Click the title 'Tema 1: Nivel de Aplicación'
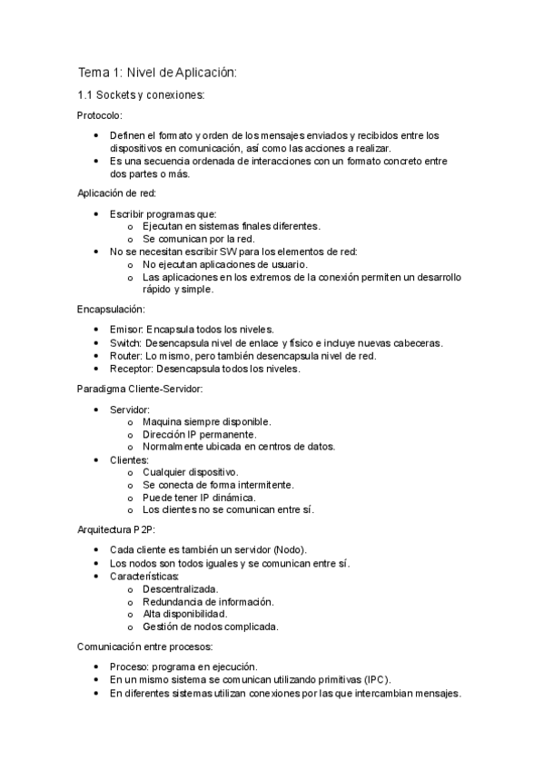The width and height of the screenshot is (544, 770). pyautogui.click(x=156, y=73)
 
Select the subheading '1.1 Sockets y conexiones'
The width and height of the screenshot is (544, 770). pyautogui.click(x=141, y=95)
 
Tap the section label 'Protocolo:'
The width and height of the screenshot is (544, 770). pyautogui.click(x=99, y=115)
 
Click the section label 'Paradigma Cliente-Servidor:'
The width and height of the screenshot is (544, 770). pyautogui.click(x=140, y=390)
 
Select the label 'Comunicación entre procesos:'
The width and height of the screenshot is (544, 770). pyautogui.click(x=144, y=647)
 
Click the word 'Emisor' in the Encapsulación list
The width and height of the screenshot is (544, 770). pyautogui.click(x=125, y=330)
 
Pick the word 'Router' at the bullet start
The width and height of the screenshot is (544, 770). pyautogui.click(x=125, y=356)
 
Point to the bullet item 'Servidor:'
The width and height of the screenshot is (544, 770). pyautogui.click(x=130, y=410)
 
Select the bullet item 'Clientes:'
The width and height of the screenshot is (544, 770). pyautogui.click(x=129, y=460)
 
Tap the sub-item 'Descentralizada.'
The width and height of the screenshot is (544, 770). pyautogui.click(x=180, y=589)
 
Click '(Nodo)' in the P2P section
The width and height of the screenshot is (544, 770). pyautogui.click(x=288, y=549)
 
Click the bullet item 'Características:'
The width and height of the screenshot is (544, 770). pyautogui.click(x=144, y=576)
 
